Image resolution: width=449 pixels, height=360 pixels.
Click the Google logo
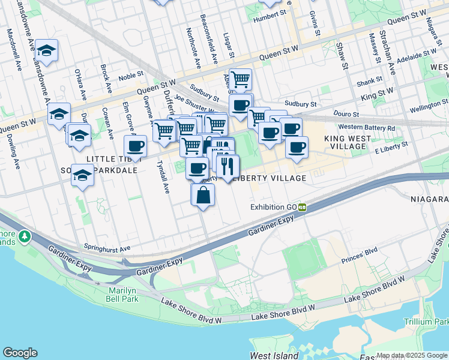click(20, 353)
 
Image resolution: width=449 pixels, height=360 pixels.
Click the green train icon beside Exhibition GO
click(303, 207)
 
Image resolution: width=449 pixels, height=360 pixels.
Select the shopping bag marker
click(203, 195)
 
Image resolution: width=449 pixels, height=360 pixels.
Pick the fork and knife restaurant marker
click(228, 167)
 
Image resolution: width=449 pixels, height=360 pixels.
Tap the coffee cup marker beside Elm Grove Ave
click(136, 146)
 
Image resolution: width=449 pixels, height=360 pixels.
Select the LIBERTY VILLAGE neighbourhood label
click(269, 178)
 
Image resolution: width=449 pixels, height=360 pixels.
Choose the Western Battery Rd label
click(367, 127)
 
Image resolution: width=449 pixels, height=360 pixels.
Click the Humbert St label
click(267, 19)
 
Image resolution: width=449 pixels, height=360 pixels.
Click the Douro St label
click(347, 113)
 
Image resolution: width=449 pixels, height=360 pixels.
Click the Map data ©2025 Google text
click(412, 355)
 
